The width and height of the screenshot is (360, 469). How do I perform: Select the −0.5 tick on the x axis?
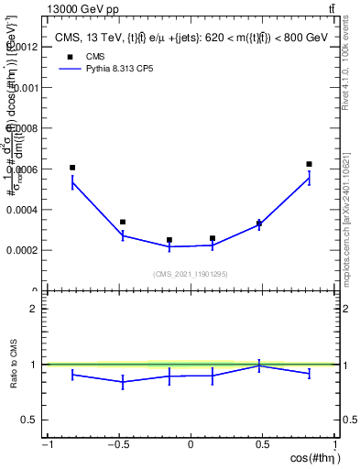point(117,446)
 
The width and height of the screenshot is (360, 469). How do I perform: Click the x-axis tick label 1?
point(335,446)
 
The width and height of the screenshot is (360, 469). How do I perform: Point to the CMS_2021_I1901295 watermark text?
point(191,273)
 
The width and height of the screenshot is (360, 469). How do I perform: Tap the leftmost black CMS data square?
point(72,168)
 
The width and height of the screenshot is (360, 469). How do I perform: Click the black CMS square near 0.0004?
point(123,222)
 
